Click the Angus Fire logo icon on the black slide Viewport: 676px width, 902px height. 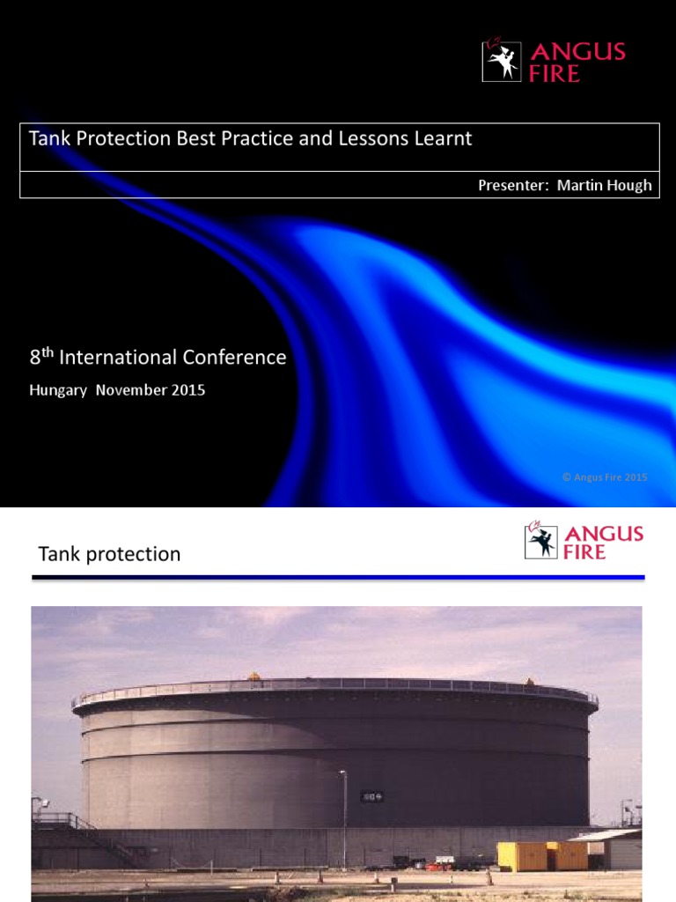[x=502, y=62]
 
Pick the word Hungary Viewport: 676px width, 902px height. [x=58, y=389]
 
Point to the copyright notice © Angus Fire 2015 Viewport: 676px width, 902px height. [x=605, y=477]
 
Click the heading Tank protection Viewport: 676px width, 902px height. [x=109, y=554]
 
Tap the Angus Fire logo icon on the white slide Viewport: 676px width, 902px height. [x=541, y=541]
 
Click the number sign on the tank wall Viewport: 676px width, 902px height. [x=371, y=796]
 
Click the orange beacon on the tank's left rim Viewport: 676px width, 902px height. [x=254, y=676]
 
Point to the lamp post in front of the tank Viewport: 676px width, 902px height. [x=344, y=819]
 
